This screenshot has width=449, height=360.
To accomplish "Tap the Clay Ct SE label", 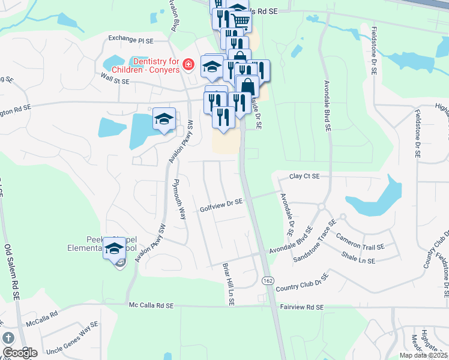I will click(x=304, y=176).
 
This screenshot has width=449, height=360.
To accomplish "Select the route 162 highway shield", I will click(x=267, y=280).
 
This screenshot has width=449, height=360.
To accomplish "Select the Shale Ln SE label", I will click(x=359, y=261).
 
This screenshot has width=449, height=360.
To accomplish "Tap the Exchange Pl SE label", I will click(x=131, y=38).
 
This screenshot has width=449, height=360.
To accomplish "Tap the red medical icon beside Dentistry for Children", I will click(x=188, y=64).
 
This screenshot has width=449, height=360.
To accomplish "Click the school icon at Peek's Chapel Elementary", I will click(x=113, y=249).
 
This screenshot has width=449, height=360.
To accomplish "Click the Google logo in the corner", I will click(x=20, y=352).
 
